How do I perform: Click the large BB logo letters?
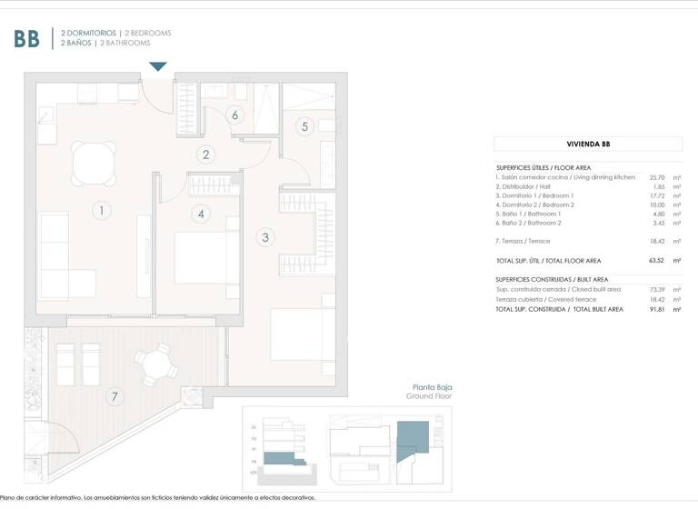26,38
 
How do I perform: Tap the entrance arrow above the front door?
158,66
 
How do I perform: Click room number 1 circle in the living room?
102,211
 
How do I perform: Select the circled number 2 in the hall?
206,155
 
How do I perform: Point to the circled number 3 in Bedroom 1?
265,238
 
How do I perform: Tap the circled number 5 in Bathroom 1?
304,126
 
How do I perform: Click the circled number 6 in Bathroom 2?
235,115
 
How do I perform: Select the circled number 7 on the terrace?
114,396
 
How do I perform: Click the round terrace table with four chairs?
156,364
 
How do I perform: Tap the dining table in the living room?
95,165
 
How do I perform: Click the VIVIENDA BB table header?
588,144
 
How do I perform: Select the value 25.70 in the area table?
658,177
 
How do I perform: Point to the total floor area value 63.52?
658,260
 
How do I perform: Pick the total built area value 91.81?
658,309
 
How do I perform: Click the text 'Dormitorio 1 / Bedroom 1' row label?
536,195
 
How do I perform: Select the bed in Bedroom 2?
206,259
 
